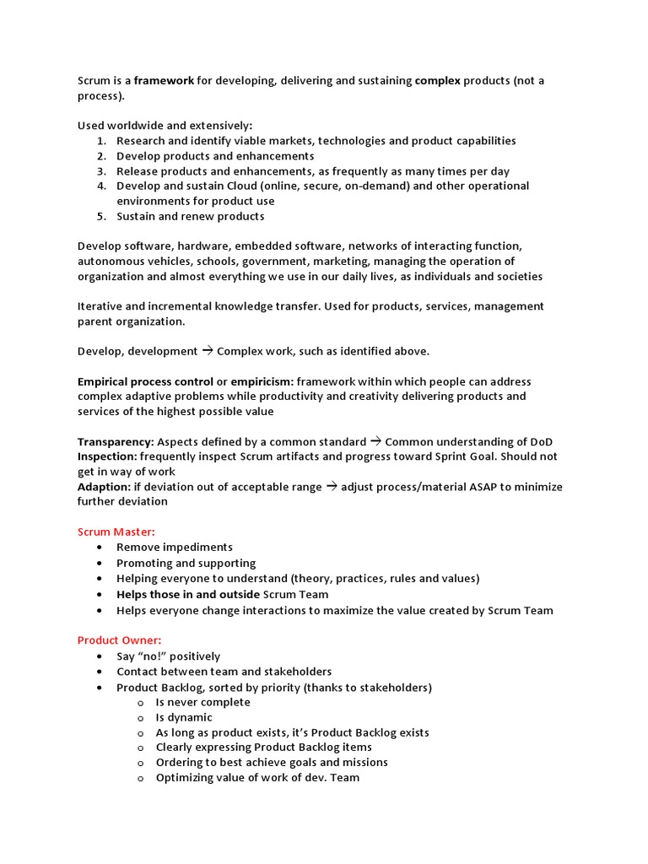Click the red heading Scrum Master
(116, 532)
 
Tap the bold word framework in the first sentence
(164, 81)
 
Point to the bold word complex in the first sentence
(438, 81)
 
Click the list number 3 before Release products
(100, 171)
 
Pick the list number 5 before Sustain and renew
(100, 217)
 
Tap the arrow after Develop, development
(207, 351)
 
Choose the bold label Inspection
(107, 456)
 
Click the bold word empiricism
(262, 382)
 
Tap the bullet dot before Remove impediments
(100, 548)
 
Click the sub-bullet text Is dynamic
(184, 717)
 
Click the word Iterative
(102, 306)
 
